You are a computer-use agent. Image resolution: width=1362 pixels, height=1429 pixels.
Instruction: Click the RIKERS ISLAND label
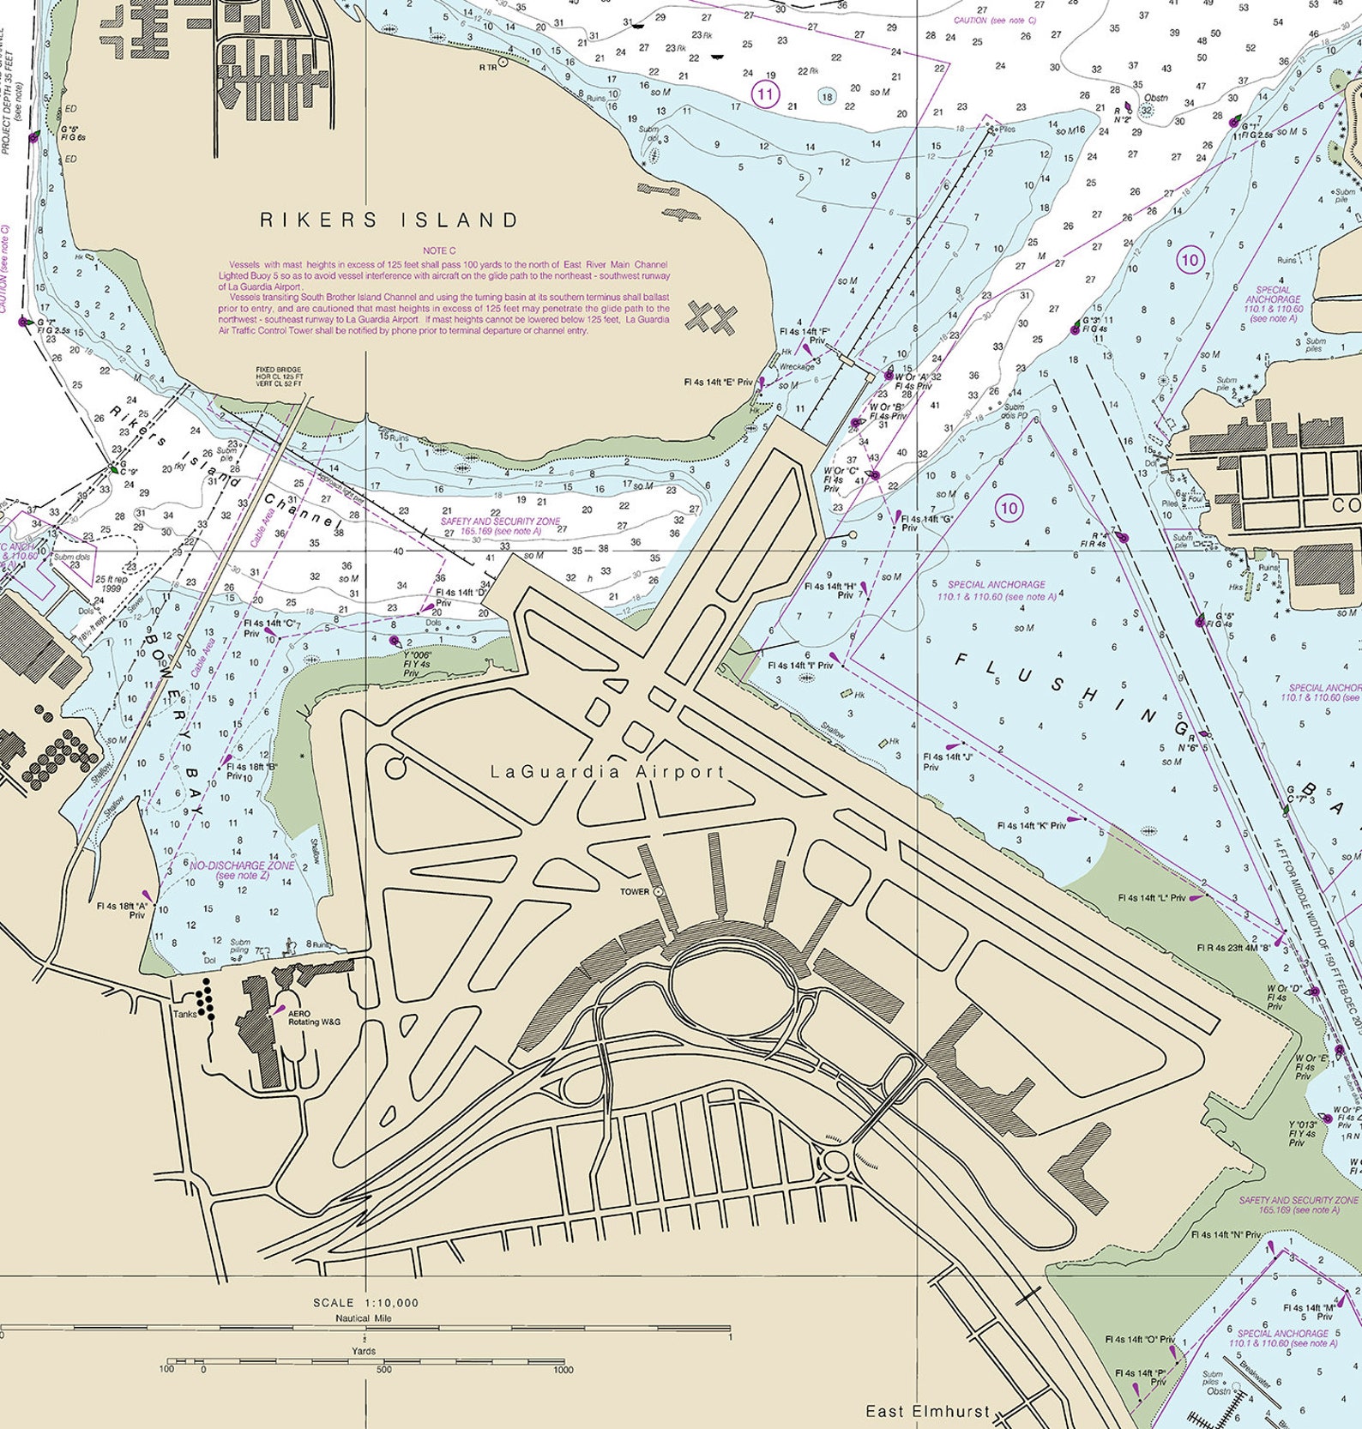click(x=389, y=220)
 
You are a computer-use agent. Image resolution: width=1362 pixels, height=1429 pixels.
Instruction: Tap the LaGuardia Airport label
click(x=607, y=772)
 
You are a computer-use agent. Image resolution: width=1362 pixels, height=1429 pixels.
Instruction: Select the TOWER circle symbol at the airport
click(x=659, y=892)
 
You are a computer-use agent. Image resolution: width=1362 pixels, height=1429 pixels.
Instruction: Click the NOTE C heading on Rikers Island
click(x=439, y=250)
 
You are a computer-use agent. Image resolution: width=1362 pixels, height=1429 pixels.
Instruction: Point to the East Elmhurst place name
click(x=927, y=1411)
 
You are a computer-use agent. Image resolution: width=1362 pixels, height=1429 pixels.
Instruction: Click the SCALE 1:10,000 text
click(x=365, y=1302)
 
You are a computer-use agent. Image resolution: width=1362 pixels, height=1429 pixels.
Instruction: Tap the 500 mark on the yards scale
click(x=383, y=1370)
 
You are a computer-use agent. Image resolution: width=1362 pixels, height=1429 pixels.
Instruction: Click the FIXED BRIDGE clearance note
click(x=279, y=377)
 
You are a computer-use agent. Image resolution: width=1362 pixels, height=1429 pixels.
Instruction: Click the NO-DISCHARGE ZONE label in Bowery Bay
click(x=242, y=870)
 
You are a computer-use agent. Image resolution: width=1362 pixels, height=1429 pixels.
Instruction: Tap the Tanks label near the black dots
click(x=184, y=1014)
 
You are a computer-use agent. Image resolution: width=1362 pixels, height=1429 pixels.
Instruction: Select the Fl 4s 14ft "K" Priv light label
click(x=1031, y=825)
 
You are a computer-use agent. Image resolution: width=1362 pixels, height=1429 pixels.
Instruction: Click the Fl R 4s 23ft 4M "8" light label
click(x=1233, y=948)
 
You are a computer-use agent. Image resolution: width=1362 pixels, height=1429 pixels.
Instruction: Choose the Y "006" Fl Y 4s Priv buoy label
click(x=418, y=664)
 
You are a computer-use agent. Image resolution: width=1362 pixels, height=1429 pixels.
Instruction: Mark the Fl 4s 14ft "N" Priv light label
click(x=1226, y=1235)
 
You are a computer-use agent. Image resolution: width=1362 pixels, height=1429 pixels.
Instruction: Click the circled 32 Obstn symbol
click(x=1147, y=111)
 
